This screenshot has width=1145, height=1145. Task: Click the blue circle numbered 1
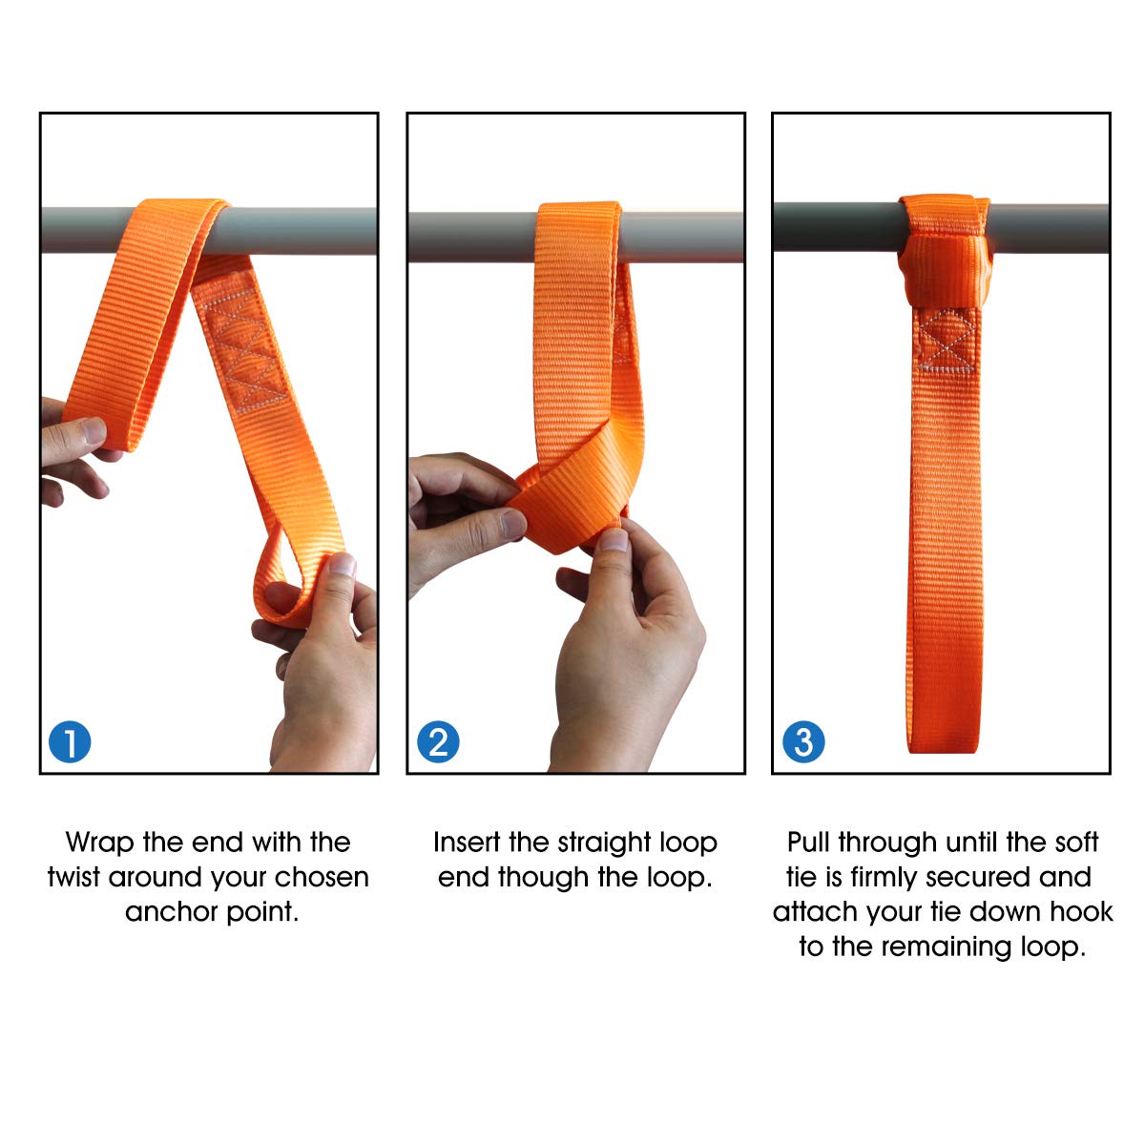[x=69, y=741]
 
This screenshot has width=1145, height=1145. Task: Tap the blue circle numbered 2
[x=438, y=741]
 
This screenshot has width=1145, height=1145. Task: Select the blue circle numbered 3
[x=803, y=741]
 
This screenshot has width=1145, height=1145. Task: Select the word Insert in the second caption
[x=467, y=843]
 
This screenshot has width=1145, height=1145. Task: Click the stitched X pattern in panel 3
[x=945, y=341]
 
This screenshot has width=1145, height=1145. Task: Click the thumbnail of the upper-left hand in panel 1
[x=93, y=430]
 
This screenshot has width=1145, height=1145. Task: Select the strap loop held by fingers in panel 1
[x=286, y=582]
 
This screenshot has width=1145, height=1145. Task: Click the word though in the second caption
[x=543, y=877]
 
